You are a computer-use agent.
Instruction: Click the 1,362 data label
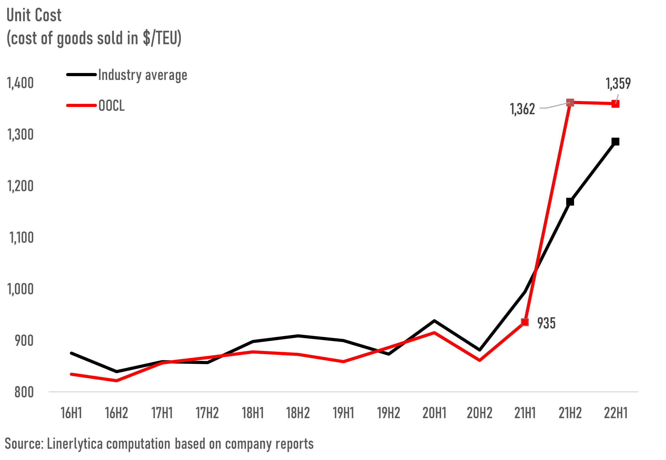tap(522, 109)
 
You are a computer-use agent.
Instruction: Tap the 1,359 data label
tap(618, 84)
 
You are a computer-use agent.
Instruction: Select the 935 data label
tap(546, 323)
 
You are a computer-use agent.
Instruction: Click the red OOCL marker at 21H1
tap(525, 322)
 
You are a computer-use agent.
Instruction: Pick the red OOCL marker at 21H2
tap(570, 102)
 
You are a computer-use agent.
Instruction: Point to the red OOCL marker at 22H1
tap(615, 104)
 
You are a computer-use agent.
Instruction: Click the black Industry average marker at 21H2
tap(570, 202)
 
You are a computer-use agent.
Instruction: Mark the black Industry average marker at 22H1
tap(615, 142)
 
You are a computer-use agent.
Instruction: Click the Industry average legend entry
tap(143, 75)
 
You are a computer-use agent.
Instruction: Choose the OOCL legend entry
tap(111, 106)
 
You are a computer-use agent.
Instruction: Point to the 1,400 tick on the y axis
tap(20, 83)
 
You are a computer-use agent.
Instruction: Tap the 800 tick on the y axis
tap(24, 392)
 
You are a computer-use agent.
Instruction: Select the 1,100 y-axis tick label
tap(21, 238)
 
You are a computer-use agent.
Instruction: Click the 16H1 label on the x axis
tap(71, 413)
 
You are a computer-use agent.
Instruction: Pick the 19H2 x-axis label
tap(389, 413)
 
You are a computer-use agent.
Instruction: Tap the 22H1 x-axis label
tap(616, 413)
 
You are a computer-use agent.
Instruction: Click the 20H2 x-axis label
tap(479, 413)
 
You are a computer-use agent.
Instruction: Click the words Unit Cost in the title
tap(34, 15)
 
